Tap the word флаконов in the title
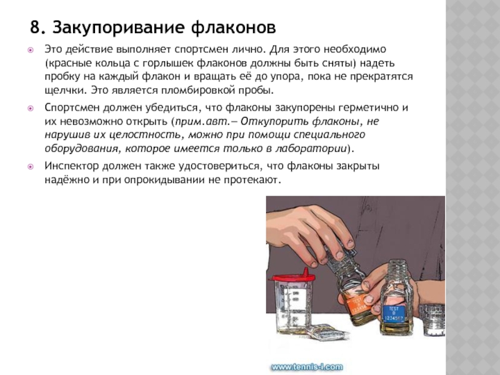233,27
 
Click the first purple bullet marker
31,50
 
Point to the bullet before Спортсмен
31,108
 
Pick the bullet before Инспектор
31,166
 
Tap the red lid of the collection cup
291,277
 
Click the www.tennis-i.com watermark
307,367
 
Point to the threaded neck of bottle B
397,269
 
